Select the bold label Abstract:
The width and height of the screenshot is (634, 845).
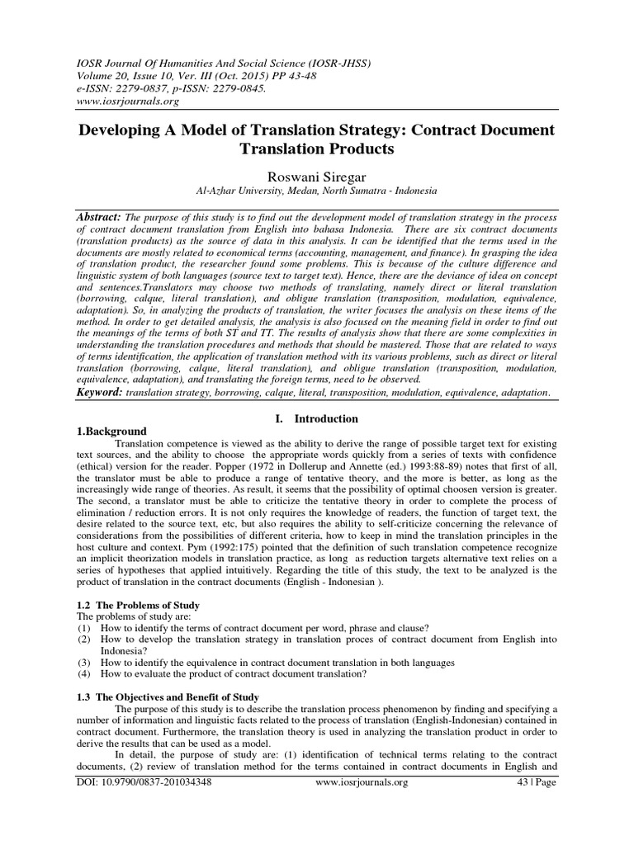click(x=99, y=215)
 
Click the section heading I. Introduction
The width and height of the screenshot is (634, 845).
click(x=317, y=418)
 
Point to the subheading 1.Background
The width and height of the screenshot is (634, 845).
click(x=111, y=431)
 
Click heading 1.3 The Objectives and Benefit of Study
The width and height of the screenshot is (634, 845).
click(x=168, y=696)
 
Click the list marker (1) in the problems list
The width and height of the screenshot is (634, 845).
click(x=83, y=628)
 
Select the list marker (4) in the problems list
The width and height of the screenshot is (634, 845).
click(x=83, y=674)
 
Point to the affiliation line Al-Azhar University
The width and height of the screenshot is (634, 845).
click(x=316, y=191)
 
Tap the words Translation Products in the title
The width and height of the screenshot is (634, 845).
click(x=316, y=149)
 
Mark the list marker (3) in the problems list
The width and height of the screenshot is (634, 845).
click(x=83, y=663)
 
